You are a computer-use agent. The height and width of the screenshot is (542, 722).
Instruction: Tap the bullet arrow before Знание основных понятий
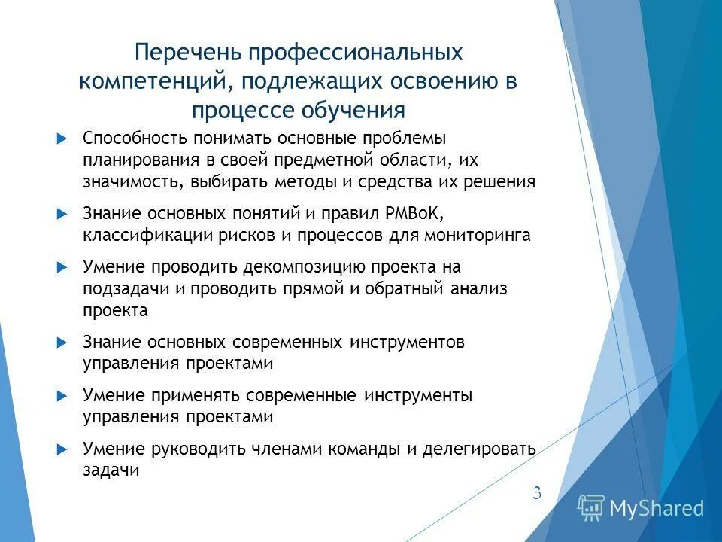coord(62,214)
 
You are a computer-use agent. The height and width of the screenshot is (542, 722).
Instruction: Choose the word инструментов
coord(407,342)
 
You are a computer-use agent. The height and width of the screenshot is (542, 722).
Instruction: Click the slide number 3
coord(536,494)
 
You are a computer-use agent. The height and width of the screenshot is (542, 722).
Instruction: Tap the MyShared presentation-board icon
coord(590,508)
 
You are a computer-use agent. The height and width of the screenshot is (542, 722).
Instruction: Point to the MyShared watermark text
coord(657,508)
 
